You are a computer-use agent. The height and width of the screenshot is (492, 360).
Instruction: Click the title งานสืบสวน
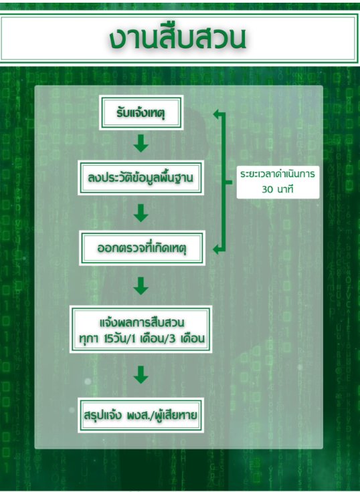pos(178,38)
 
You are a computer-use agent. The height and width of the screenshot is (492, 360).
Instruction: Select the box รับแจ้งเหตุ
pos(141,112)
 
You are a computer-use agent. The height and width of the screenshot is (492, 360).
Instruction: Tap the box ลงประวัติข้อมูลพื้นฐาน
pos(141,178)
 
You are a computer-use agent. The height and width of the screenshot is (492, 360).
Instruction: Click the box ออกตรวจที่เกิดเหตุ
pos(142,248)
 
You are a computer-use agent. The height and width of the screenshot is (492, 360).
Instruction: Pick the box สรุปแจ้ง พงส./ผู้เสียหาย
pos(141,415)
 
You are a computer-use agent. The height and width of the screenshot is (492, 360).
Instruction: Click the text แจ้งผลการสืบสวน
pos(142,322)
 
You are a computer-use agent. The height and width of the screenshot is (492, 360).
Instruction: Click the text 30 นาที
pos(278,189)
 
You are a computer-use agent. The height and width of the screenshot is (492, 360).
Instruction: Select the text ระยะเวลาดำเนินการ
pos(278,174)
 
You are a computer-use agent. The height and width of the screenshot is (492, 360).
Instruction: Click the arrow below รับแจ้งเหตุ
pos(141,144)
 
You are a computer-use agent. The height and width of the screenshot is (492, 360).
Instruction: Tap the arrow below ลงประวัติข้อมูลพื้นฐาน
pos(141,213)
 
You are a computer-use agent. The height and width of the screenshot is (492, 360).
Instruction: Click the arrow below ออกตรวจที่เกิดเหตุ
pos(141,286)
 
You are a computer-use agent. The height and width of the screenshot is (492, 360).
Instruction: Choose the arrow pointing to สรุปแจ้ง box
pos(141,374)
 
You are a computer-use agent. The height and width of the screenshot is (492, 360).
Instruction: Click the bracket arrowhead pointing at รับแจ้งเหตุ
pos(217,114)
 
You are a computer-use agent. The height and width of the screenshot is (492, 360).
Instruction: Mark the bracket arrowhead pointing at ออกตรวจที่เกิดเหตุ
pos(217,250)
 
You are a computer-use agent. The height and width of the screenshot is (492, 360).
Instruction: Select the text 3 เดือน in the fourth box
pos(187,338)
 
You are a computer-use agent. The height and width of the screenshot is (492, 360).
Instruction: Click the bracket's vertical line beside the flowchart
pos(223,182)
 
